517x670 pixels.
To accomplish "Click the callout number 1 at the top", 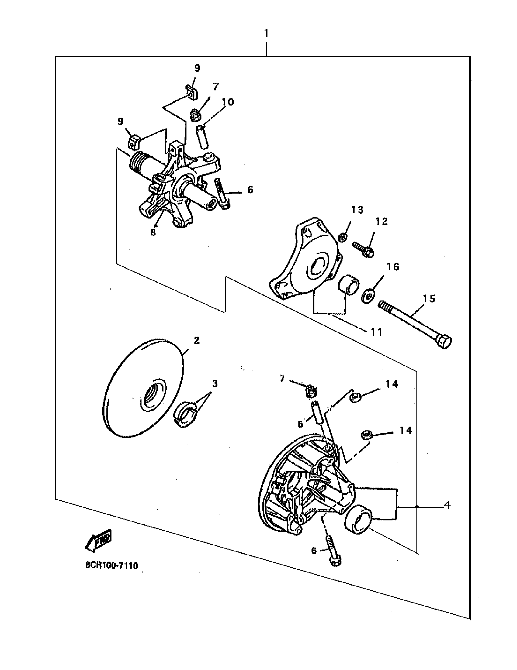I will [x=266, y=33].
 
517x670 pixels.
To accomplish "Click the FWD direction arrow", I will [x=99, y=542].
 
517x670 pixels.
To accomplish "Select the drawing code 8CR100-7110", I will [x=112, y=565].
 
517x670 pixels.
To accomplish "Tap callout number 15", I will [x=429, y=298].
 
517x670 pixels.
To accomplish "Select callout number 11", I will [x=376, y=332].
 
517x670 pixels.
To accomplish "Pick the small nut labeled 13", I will [x=343, y=237].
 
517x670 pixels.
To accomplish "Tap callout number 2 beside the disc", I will [x=197, y=340].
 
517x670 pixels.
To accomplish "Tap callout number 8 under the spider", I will [x=153, y=232].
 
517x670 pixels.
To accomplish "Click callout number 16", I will [x=393, y=266].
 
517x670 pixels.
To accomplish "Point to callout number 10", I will [x=228, y=102].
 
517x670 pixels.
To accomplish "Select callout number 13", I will [x=357, y=210].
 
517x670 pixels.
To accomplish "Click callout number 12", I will [x=382, y=221].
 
